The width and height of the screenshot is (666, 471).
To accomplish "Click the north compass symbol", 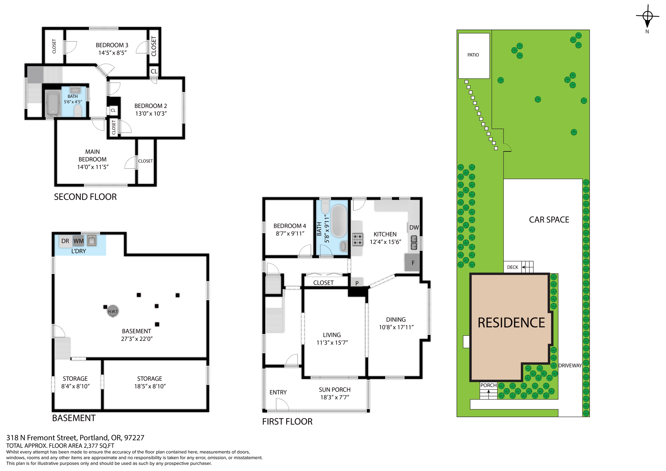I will pos(647,16).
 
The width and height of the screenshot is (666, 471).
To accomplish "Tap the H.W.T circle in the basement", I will pos(113,311).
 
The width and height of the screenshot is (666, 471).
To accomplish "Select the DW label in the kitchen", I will pos(414,227).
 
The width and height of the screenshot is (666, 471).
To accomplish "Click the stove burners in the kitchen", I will pos(358,239).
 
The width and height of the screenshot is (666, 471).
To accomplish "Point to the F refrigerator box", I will pos(413,262).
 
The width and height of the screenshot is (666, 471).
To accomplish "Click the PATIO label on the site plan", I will pos(473,55).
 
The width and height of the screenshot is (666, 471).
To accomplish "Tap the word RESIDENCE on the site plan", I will pos(511,323).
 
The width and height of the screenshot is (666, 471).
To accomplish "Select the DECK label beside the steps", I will pos(513,267).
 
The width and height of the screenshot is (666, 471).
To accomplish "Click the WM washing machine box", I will pos(78,241).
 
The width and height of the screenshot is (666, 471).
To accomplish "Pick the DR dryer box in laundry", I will pos(65,241).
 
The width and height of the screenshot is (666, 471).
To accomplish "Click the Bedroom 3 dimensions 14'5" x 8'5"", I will pos(112,53).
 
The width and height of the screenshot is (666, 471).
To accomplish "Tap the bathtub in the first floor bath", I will pos(339,221).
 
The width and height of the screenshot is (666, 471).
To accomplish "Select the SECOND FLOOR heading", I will pos(85,197).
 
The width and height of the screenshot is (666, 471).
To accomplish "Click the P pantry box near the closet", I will pos(357,283).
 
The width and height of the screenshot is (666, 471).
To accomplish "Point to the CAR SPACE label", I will pos(549,220).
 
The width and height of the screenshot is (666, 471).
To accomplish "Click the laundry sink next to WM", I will pos(92,241).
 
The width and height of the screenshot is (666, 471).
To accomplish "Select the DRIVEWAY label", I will pos(570,366).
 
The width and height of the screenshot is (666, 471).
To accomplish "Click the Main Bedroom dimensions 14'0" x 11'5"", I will pos(93,167).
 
